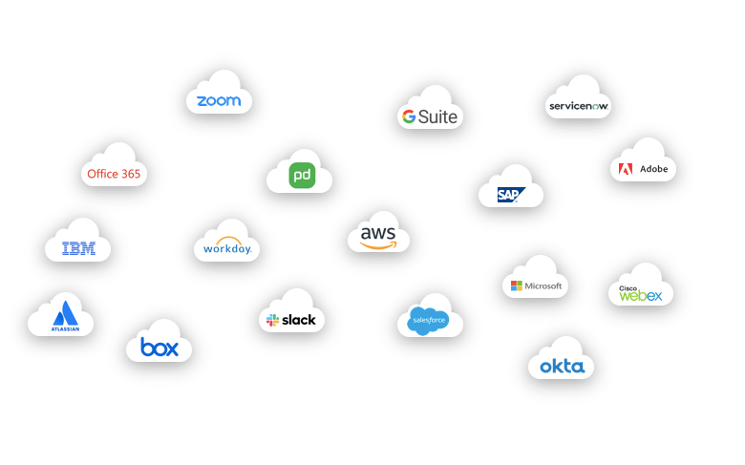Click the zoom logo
[x=219, y=100]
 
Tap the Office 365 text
[x=114, y=174]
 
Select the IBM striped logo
[x=78, y=249]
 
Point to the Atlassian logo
[x=65, y=317]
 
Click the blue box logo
[x=160, y=347]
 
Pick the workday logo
[x=227, y=247]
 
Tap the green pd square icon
[x=302, y=176]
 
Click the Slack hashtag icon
[x=272, y=320]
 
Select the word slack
[x=299, y=320]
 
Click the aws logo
[x=378, y=236]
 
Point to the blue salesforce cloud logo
[x=427, y=321]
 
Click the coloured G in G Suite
[x=408, y=116]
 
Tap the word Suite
[x=437, y=117]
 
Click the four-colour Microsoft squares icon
[x=517, y=285]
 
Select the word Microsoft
[x=543, y=285]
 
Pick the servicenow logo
[x=579, y=106]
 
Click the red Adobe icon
[x=626, y=169]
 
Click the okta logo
[x=561, y=367]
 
